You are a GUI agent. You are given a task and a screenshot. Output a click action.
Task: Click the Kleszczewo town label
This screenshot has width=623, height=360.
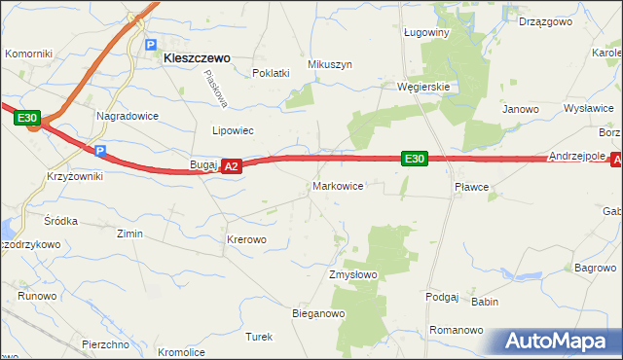pyautogui.click(x=197, y=58)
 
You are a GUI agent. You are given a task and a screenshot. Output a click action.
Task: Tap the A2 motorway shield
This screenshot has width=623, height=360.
pyautogui.click(x=231, y=167)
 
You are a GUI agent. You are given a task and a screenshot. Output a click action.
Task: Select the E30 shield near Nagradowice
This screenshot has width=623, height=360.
pyautogui.click(x=27, y=119)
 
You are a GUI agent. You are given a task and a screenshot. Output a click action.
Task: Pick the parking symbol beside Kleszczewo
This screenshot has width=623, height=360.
pyautogui.click(x=151, y=45)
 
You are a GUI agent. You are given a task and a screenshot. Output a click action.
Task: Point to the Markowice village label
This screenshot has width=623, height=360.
pyautogui.click(x=338, y=185)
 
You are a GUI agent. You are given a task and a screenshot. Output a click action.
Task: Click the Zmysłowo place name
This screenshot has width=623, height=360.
pyautogui.click(x=352, y=275)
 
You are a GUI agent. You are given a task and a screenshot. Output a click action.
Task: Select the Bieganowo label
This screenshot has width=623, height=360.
pyautogui.click(x=319, y=313)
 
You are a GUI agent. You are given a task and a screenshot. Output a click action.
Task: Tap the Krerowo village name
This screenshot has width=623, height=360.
pyautogui.click(x=246, y=238)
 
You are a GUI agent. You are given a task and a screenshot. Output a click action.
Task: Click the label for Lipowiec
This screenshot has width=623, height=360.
pyautogui.click(x=233, y=129)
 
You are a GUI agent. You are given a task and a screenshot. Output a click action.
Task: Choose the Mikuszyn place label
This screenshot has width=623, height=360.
pyautogui.click(x=329, y=64)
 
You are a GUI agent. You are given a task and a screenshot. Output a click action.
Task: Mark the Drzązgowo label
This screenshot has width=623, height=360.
pyautogui.click(x=544, y=20)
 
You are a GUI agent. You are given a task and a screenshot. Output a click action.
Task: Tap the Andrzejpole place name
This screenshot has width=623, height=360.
pyautogui.click(x=578, y=156)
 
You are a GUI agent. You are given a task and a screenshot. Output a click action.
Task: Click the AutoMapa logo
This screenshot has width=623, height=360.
pyautogui.click(x=558, y=341)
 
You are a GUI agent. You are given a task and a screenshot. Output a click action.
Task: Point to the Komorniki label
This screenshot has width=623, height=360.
pyautogui.click(x=28, y=54)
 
